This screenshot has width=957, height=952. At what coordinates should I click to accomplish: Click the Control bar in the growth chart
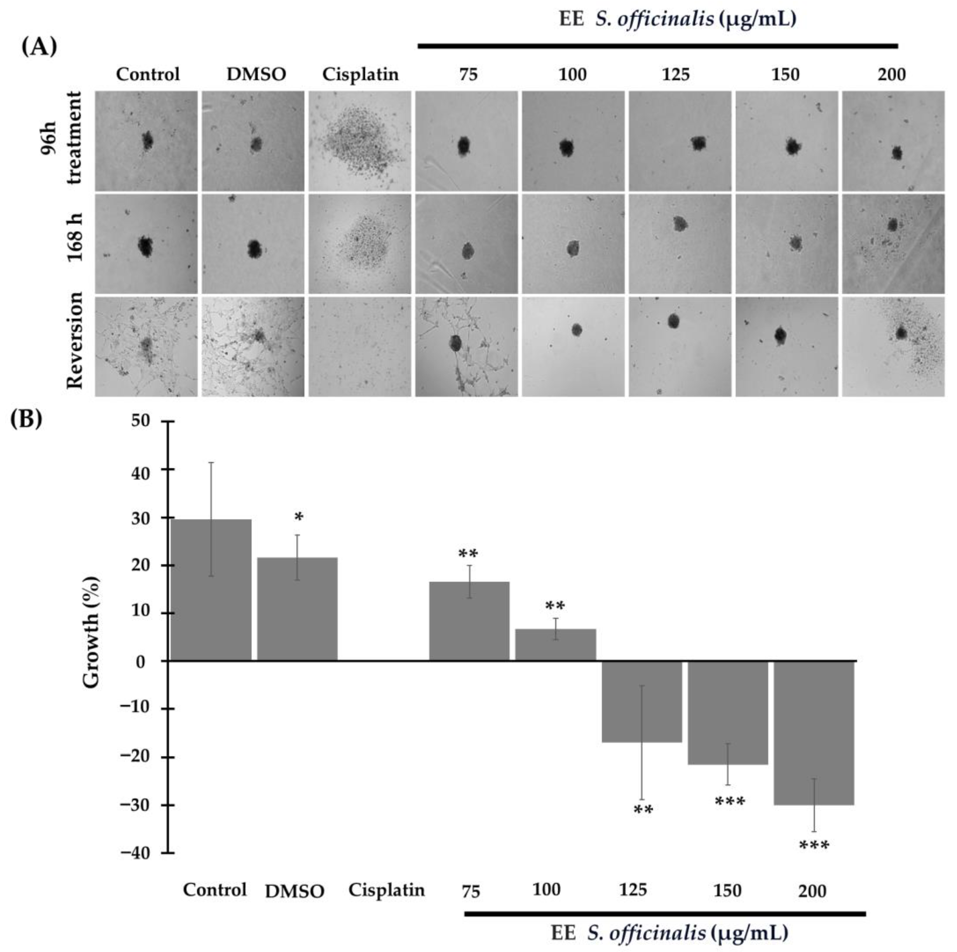pos(211,589)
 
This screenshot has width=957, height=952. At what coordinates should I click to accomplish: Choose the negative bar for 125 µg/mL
pos(642,701)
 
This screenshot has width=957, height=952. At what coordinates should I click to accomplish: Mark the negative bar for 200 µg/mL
pos(814,733)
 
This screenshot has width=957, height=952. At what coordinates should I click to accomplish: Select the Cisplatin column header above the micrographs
pos(360,74)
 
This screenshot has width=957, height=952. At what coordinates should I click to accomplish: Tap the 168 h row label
pos(74,243)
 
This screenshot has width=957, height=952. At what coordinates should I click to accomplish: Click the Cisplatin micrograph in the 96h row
pos(360,141)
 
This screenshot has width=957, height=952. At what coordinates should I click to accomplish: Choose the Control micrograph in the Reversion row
pos(146,347)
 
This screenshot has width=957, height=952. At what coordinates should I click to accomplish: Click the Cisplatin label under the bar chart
pos(386,890)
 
